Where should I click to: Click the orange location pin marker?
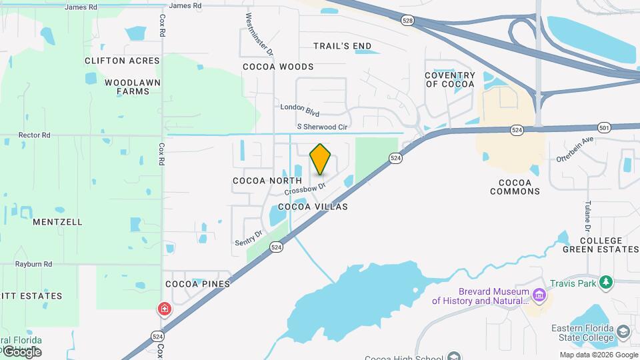pyautogui.click(x=320, y=159)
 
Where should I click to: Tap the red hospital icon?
pyautogui.click(x=163, y=309)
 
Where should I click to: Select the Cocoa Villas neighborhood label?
pyautogui.click(x=313, y=207)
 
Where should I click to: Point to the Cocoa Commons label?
pyautogui.click(x=515, y=187)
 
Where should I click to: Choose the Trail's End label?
pyautogui.click(x=343, y=46)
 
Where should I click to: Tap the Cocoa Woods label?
pyautogui.click(x=278, y=67)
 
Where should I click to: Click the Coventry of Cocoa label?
pyautogui.click(x=450, y=80)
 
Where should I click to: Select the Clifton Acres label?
pyautogui.click(x=122, y=61)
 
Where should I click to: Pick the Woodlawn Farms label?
pyautogui.click(x=127, y=87)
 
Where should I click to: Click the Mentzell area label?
pyautogui.click(x=57, y=222)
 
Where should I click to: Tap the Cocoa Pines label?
pyautogui.click(x=197, y=284)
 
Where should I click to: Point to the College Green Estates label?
pyautogui.click(x=601, y=245)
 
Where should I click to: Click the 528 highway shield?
pyautogui.click(x=407, y=21)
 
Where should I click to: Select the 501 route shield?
pyautogui.click(x=604, y=127)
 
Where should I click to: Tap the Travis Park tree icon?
pyautogui.click(x=606, y=283)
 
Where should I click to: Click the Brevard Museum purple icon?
pyautogui.click(x=539, y=294)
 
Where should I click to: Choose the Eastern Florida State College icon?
pyautogui.click(x=623, y=332)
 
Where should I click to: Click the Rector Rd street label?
pyautogui.click(x=35, y=135)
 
